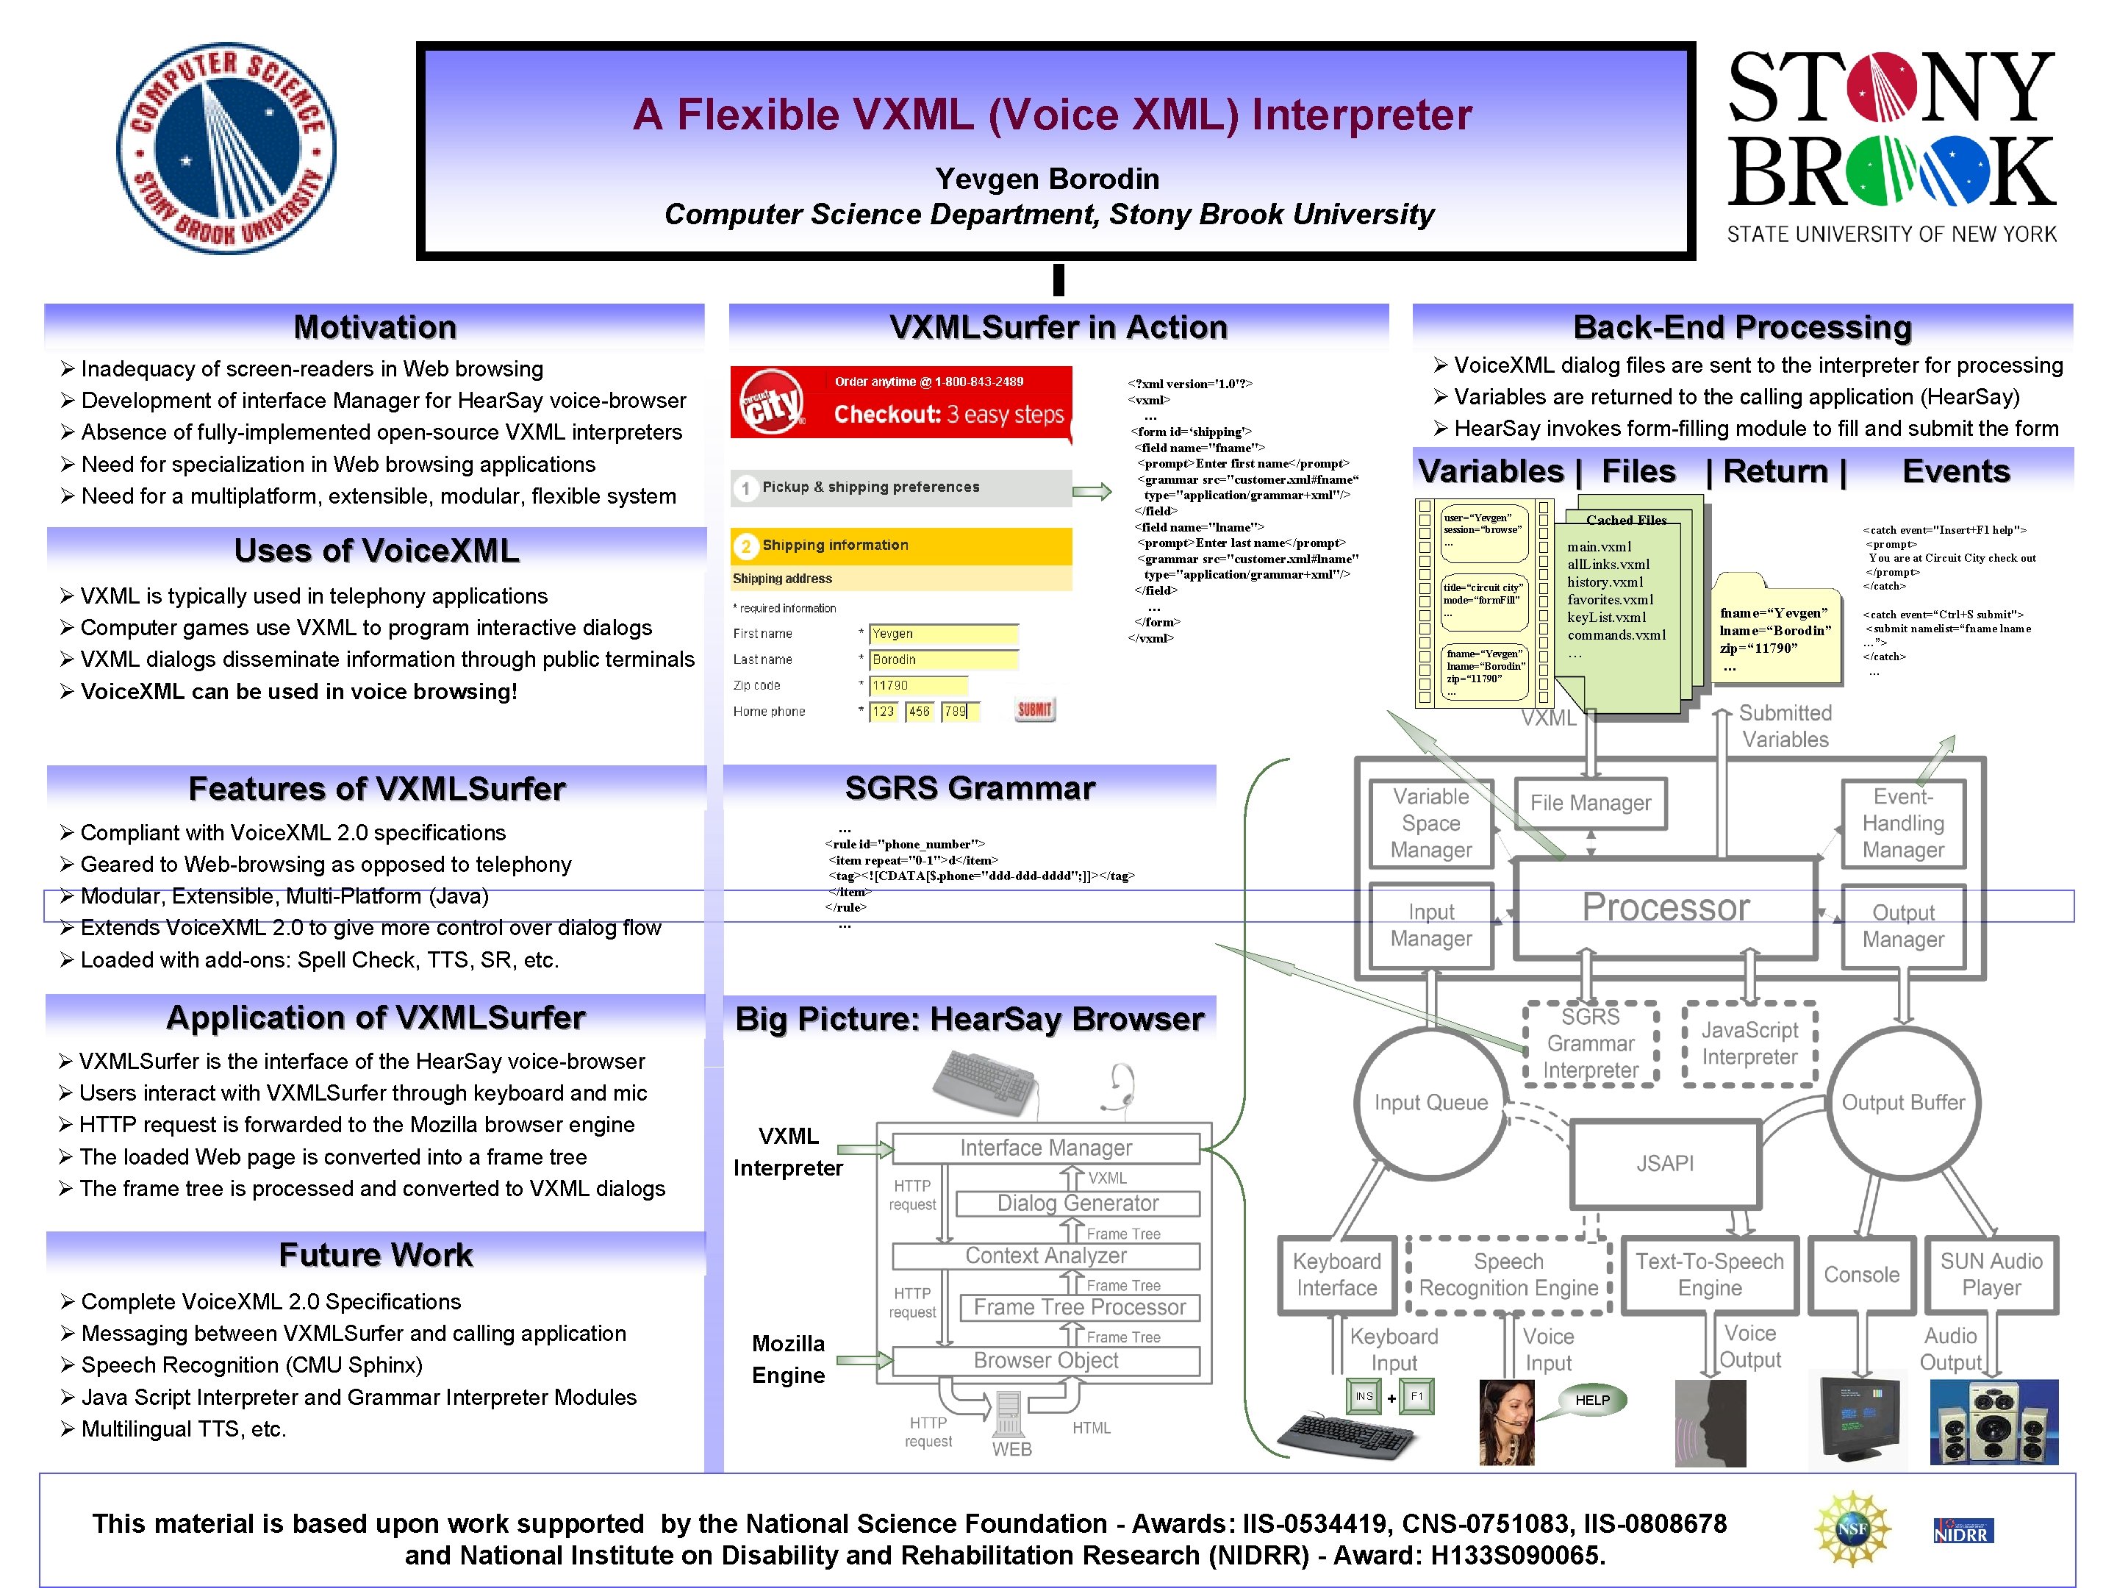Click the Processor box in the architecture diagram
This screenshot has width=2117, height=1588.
point(1664,906)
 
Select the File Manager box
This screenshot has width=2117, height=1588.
point(1590,803)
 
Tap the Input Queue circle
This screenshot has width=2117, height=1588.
point(1430,1103)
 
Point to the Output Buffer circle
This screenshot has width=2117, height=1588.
point(1902,1103)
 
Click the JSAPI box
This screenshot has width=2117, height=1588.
point(1664,1163)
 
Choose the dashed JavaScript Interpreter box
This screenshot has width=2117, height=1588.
point(1749,1043)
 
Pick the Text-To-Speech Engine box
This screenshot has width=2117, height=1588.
point(1709,1274)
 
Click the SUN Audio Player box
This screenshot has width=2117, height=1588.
point(1991,1274)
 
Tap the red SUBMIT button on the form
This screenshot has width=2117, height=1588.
point(1034,709)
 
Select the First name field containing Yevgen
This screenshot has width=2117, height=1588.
point(942,634)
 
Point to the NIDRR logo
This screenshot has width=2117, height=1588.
point(1961,1531)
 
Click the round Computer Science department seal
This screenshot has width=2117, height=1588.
point(226,149)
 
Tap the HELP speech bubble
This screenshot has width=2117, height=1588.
point(1591,1401)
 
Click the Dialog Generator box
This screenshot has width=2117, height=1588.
point(1078,1203)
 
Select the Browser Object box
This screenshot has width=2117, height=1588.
point(1045,1360)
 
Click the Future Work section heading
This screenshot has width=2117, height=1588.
point(375,1255)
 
